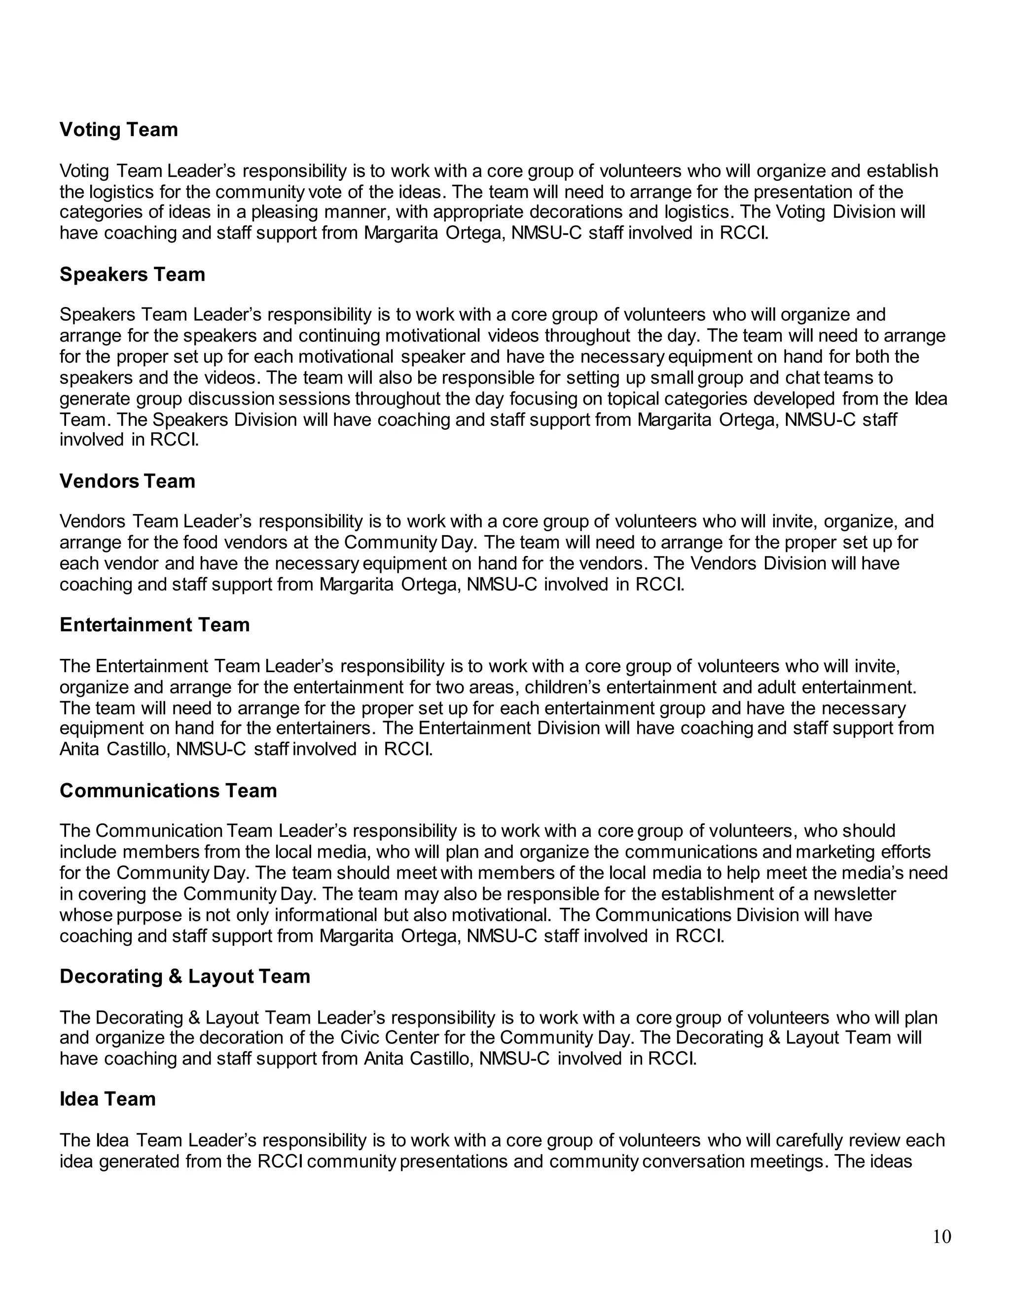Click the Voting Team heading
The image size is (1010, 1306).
click(x=118, y=130)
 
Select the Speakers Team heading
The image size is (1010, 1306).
click(x=132, y=275)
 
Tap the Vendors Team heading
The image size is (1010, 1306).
click(x=127, y=481)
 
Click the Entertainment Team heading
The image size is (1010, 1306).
click(x=154, y=625)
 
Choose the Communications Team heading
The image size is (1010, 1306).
click(x=168, y=790)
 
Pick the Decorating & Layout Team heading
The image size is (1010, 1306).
click(x=185, y=976)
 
